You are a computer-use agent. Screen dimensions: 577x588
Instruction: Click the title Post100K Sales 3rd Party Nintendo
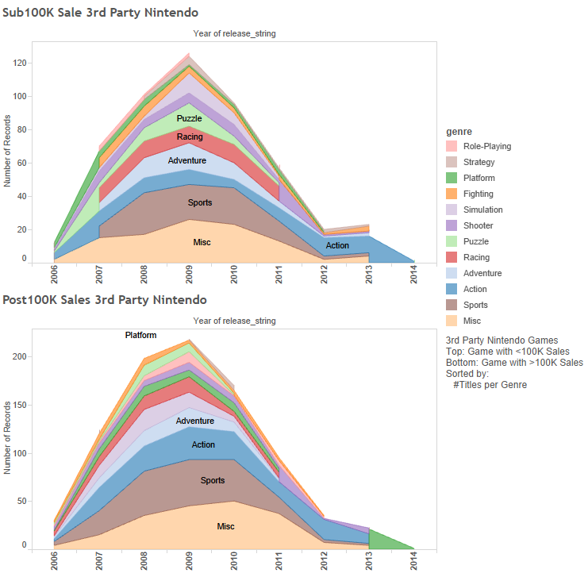tap(104, 300)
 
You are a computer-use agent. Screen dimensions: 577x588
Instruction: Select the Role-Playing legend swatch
tap(451, 146)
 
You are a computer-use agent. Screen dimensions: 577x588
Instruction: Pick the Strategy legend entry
tap(478, 162)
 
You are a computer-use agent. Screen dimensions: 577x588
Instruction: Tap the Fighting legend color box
tap(451, 194)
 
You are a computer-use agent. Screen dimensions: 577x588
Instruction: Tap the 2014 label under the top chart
tap(414, 275)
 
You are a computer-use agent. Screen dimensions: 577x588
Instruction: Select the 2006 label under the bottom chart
tap(55, 561)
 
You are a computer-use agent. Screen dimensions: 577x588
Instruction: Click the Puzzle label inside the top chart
tap(189, 119)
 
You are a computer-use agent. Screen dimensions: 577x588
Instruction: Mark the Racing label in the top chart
tap(190, 137)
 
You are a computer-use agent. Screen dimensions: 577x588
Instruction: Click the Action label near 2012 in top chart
tap(337, 245)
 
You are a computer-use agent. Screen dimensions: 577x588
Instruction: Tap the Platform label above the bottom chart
tap(140, 335)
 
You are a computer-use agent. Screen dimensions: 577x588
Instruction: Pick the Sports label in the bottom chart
tap(213, 480)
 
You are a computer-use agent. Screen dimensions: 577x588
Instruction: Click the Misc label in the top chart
tap(202, 241)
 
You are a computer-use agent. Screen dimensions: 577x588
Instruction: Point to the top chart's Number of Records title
tap(8, 151)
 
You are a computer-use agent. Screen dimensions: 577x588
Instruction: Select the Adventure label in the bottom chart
tap(195, 421)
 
